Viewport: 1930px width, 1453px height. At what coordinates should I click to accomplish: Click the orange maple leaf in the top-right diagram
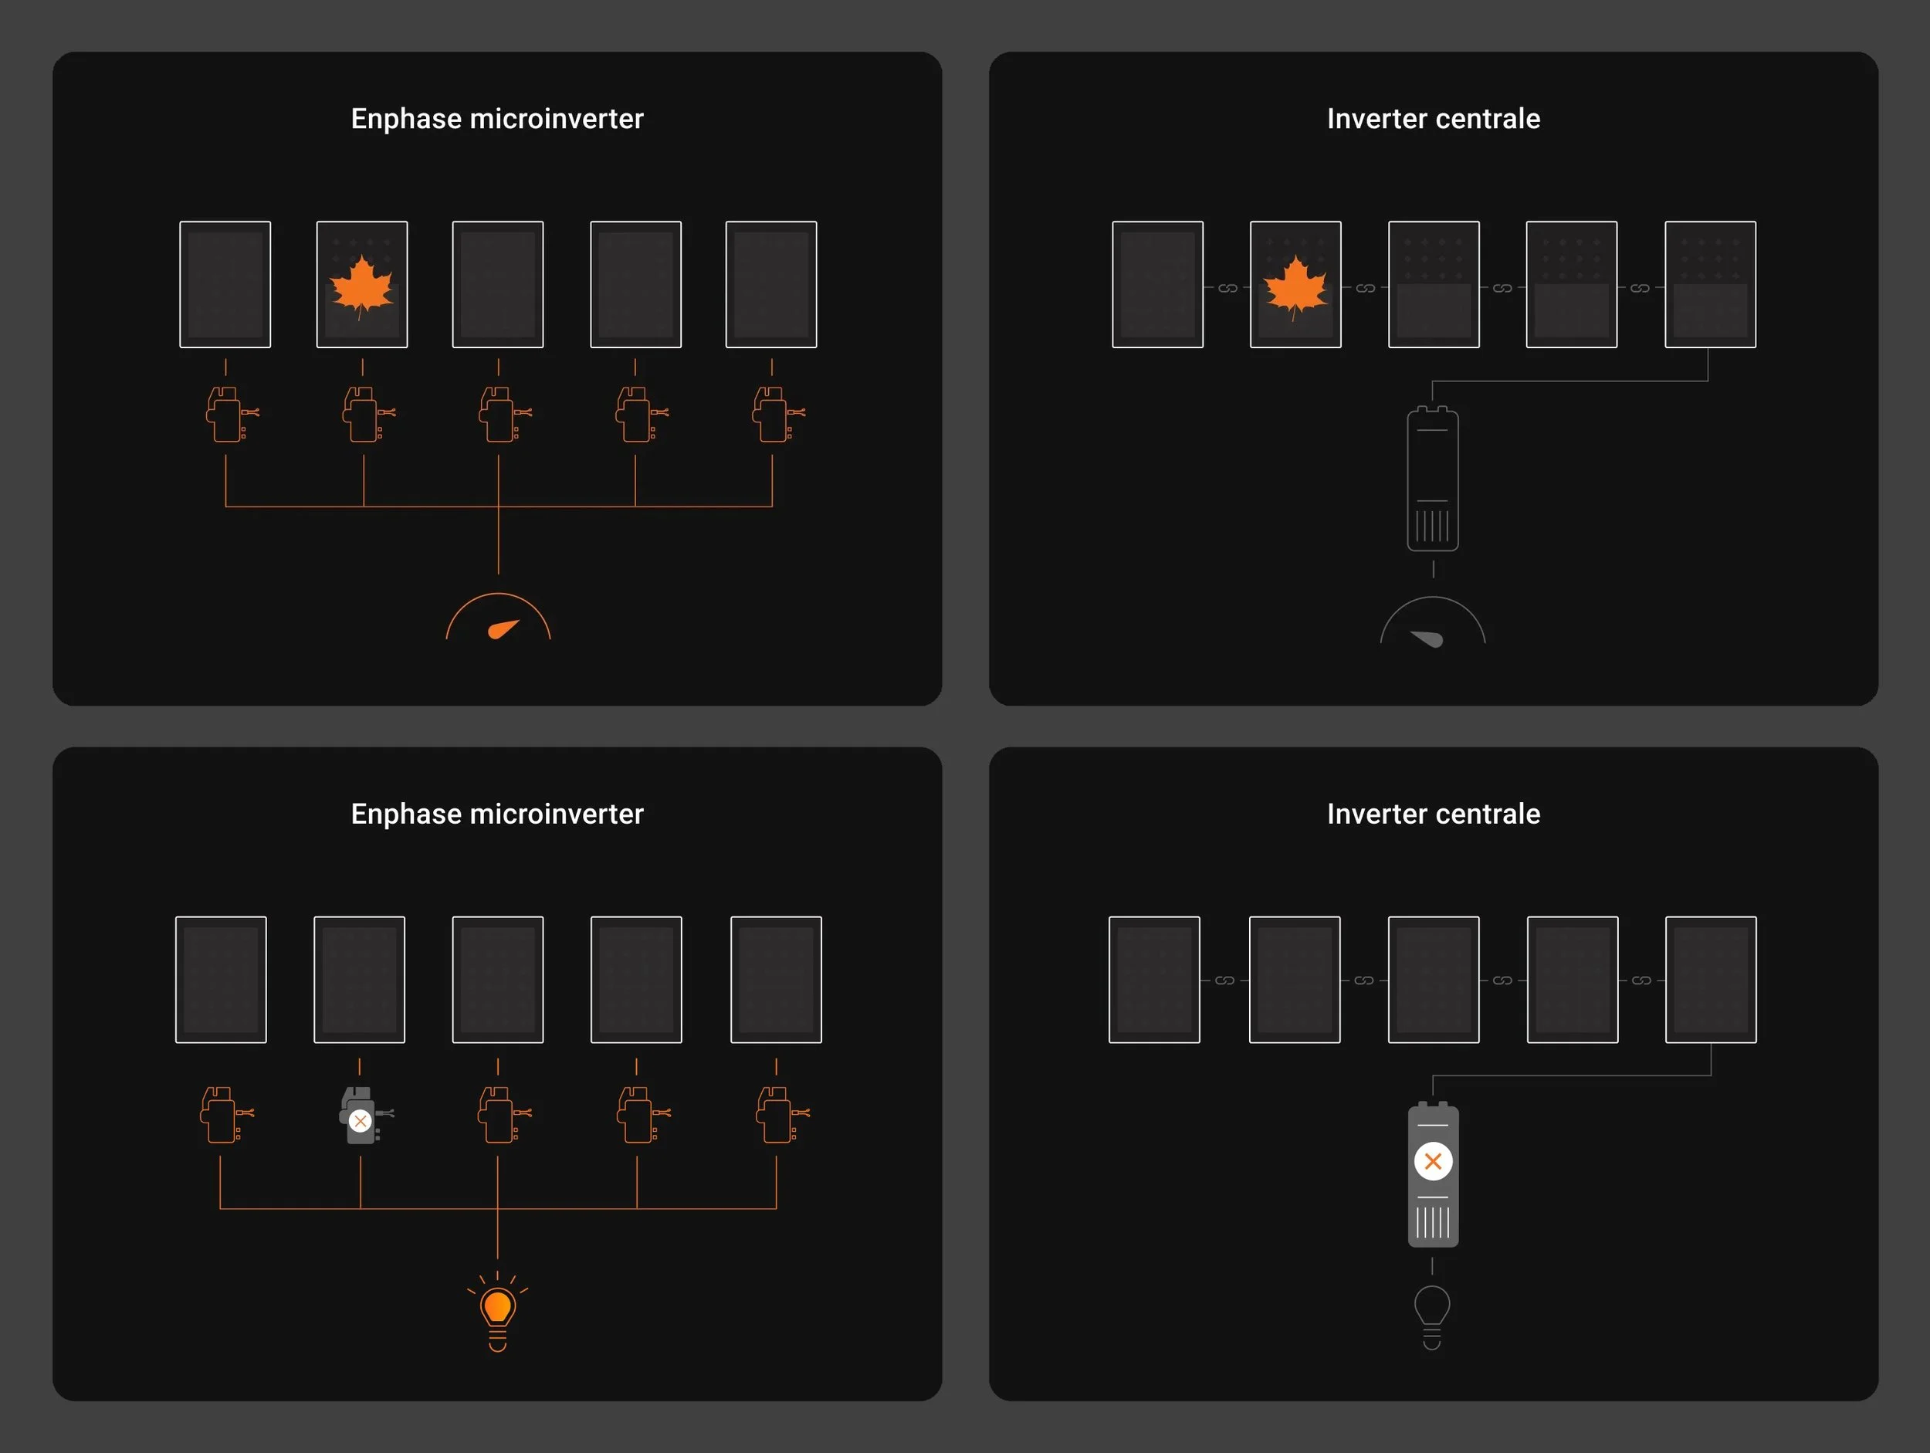[1295, 286]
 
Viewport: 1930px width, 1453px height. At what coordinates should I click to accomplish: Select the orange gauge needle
[503, 629]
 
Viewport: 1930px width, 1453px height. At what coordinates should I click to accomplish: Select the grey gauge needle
[1427, 638]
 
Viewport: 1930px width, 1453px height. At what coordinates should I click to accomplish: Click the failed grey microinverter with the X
[361, 1116]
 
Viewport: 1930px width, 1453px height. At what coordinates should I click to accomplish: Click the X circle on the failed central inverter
[1433, 1161]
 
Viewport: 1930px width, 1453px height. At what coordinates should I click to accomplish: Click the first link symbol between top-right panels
[1227, 288]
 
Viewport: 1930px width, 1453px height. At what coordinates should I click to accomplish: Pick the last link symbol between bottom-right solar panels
[1641, 981]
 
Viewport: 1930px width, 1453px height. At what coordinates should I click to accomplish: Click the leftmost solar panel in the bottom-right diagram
[1154, 979]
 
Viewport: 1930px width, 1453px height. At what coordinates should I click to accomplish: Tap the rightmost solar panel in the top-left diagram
[771, 284]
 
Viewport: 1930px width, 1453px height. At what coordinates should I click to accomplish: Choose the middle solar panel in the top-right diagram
[1434, 284]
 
